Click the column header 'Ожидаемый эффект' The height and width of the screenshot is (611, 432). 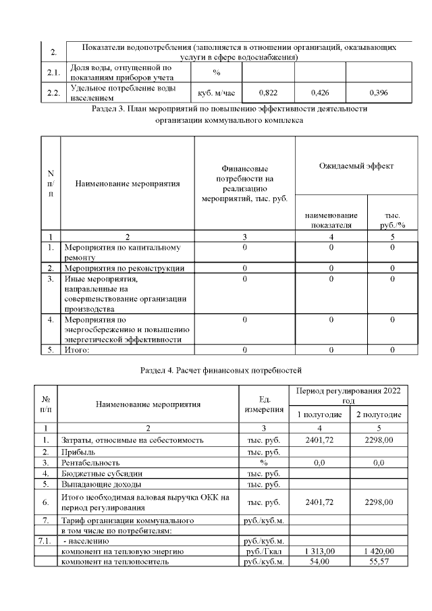click(x=356, y=165)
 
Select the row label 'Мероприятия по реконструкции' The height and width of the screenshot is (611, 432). click(x=124, y=268)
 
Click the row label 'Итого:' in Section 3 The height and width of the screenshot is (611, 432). click(x=80, y=350)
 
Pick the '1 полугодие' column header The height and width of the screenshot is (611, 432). click(x=321, y=414)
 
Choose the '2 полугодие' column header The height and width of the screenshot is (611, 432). click(x=379, y=414)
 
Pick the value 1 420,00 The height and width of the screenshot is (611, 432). click(x=379, y=552)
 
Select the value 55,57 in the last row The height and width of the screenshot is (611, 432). click(x=379, y=562)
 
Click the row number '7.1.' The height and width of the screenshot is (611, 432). click(x=45, y=541)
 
